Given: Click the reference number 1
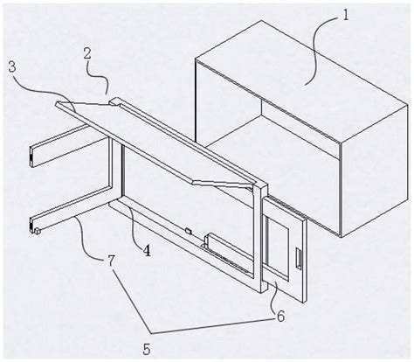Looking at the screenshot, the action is coord(346,15).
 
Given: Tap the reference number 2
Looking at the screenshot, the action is coord(87,55).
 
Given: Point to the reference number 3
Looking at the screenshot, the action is coord(12,67).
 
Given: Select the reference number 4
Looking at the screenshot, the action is coord(146,251).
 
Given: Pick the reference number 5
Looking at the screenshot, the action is coord(147,349).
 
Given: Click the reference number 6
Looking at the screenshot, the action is coord(280,317).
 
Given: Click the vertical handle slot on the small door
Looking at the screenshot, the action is coord(299,258).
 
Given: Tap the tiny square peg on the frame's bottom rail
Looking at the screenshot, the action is coord(189,231).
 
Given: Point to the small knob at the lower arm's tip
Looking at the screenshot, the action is coord(38,232).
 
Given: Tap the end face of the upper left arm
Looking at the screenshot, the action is coord(32,157).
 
